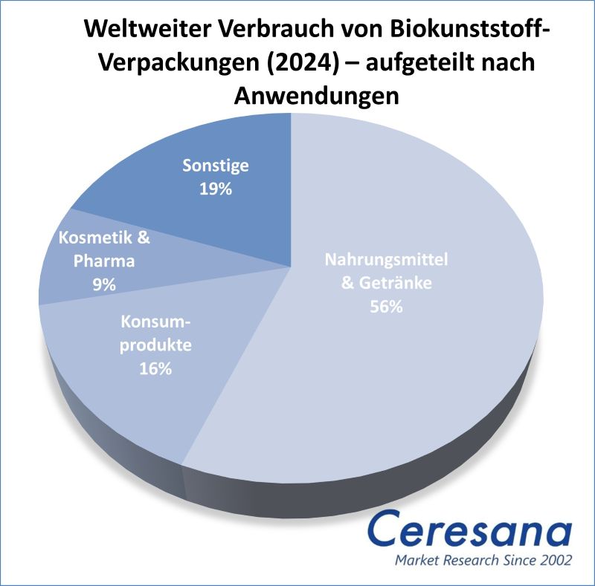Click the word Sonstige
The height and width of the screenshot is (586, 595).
point(216,166)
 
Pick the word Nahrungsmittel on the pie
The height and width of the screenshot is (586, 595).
point(387,260)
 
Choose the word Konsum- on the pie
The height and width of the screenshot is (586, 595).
point(156,322)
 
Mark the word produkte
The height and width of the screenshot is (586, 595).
point(156,345)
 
